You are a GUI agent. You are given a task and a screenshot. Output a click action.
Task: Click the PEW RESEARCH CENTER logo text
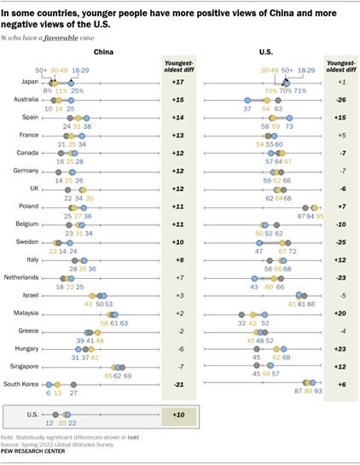click(x=40, y=455)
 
